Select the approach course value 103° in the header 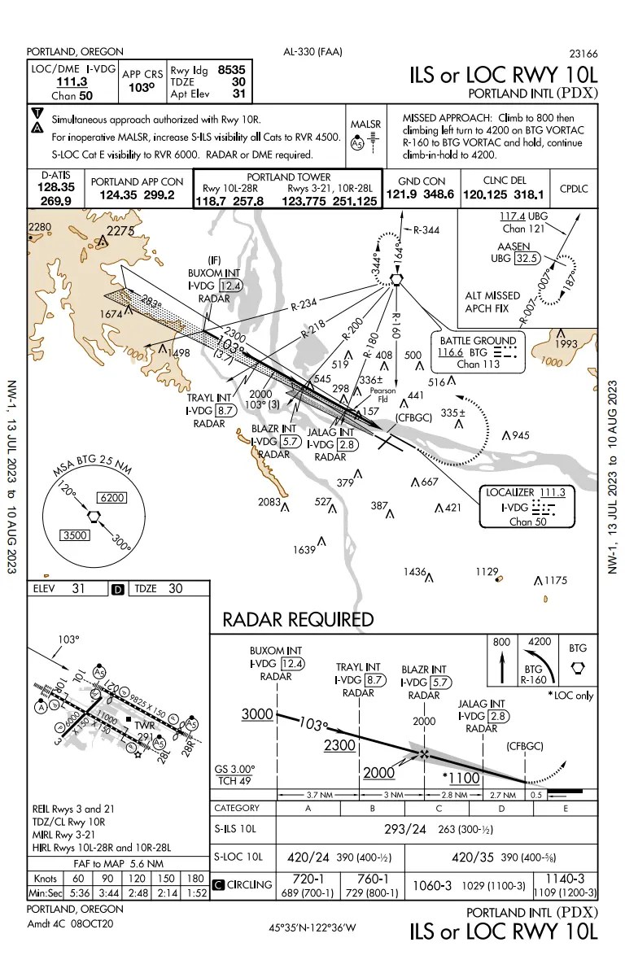coord(142,88)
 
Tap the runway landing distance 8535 coord(231,70)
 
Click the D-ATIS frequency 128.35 coord(57,186)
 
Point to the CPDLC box coord(574,189)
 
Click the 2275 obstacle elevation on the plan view coord(120,231)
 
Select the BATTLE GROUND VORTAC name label coord(477,340)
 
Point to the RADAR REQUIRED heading coord(298,619)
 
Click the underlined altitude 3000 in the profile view coord(256,713)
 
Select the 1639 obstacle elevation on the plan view coord(304,550)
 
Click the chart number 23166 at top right coord(583,54)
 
